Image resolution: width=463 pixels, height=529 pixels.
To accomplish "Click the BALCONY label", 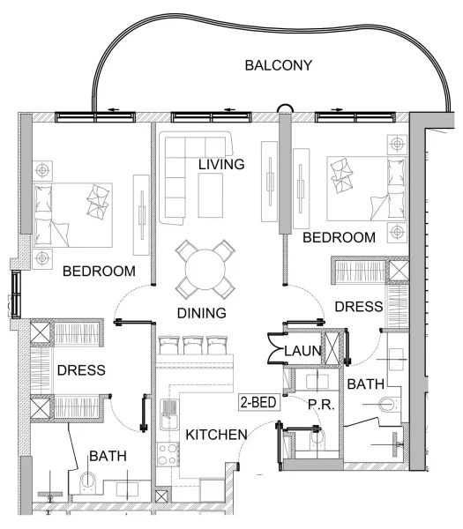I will [279, 65].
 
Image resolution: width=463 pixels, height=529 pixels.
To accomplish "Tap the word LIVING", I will [220, 165].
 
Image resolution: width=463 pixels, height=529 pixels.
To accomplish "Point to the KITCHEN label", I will [214, 434].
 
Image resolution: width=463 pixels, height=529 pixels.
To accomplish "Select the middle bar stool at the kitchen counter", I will [193, 345].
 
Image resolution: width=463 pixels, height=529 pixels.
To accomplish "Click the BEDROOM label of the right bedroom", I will [339, 238].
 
